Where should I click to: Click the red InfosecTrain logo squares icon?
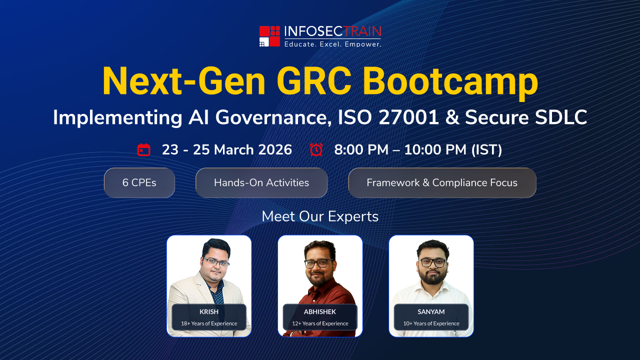click(269, 36)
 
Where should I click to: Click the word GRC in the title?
click(314, 81)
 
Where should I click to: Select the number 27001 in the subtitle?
click(408, 117)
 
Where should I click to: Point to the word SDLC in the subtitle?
click(560, 117)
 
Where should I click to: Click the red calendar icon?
click(143, 149)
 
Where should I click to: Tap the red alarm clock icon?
click(316, 149)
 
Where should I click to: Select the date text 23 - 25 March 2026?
click(227, 149)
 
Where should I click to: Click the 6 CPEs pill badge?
click(139, 182)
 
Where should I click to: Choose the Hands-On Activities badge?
click(261, 182)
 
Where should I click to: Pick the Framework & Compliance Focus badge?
click(442, 182)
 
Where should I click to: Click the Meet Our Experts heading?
click(320, 216)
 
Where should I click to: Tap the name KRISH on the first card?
click(209, 311)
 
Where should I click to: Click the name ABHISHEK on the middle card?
click(320, 311)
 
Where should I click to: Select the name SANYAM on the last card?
click(431, 311)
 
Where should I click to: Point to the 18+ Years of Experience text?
click(209, 323)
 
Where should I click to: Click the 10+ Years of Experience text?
click(431, 323)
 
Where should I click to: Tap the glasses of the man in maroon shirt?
click(319, 263)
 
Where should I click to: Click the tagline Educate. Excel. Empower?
click(333, 44)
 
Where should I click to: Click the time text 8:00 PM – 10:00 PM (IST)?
click(418, 149)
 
